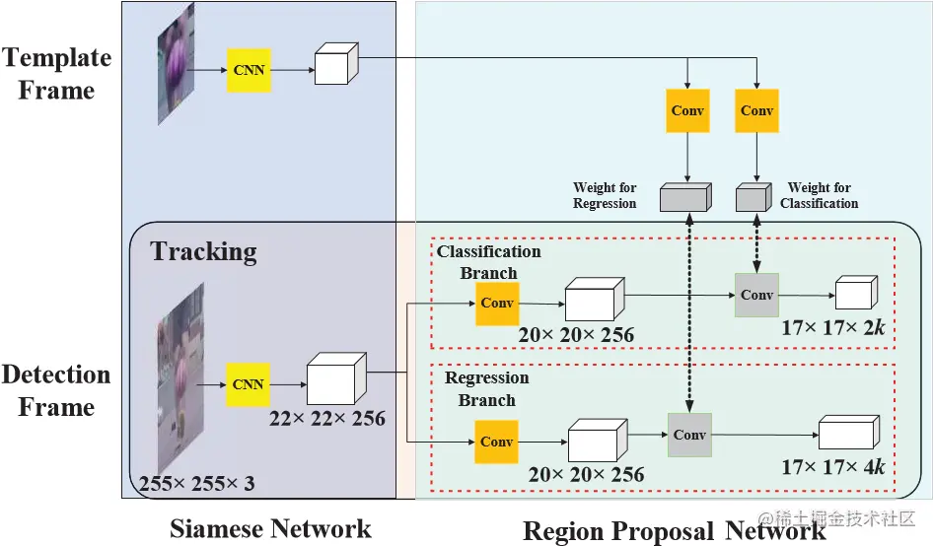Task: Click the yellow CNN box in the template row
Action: click(x=249, y=70)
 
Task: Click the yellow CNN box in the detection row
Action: click(x=249, y=383)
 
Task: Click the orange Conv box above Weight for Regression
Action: click(x=687, y=111)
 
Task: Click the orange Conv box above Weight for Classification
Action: click(x=756, y=111)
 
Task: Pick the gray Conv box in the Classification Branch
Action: click(x=757, y=295)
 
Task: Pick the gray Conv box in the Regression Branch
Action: click(x=689, y=435)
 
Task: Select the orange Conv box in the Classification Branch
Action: click(x=497, y=304)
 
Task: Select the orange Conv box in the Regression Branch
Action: click(x=496, y=442)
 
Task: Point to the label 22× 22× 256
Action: click(x=327, y=419)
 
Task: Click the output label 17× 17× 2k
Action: click(x=832, y=327)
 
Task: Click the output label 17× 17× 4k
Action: click(x=833, y=467)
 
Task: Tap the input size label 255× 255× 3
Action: click(x=196, y=484)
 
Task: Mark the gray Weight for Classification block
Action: click(x=754, y=197)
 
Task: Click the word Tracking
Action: click(x=204, y=251)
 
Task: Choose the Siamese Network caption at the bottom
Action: click(x=270, y=528)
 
